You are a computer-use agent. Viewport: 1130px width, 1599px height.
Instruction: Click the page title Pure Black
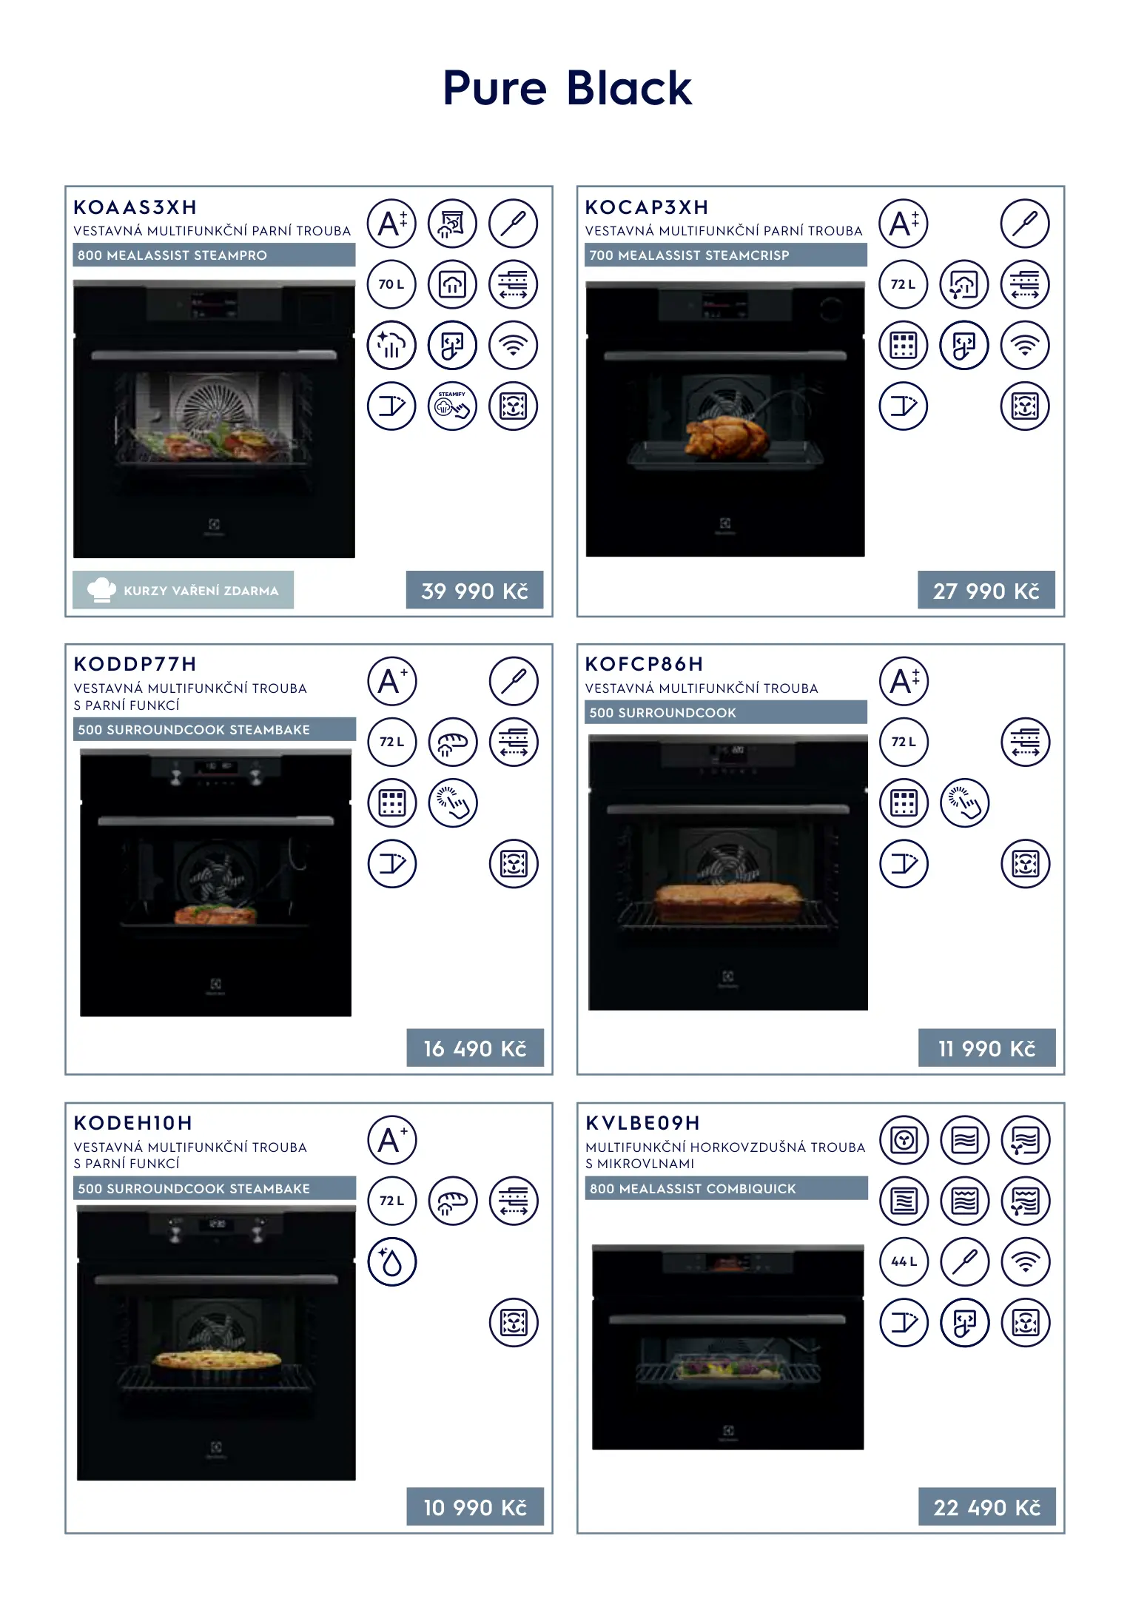pyautogui.click(x=567, y=89)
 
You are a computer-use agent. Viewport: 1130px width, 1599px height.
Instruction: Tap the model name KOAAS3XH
pyautogui.click(x=135, y=207)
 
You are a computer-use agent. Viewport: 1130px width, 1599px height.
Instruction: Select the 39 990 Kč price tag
pyautogui.click(x=474, y=590)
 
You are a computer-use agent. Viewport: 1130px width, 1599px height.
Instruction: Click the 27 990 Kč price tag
pyautogui.click(x=986, y=590)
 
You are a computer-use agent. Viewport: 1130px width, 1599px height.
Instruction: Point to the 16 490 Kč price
pyautogui.click(x=474, y=1047)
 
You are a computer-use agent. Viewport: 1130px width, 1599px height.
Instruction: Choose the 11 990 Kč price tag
pyautogui.click(x=986, y=1047)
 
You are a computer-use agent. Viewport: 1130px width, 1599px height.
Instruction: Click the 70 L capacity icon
pyautogui.click(x=391, y=284)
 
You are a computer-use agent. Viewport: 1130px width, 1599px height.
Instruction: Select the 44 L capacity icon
pyautogui.click(x=904, y=1261)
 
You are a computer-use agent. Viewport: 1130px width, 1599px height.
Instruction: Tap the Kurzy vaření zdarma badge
pyautogui.click(x=184, y=590)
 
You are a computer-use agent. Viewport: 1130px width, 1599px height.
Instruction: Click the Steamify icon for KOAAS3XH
pyautogui.click(x=452, y=406)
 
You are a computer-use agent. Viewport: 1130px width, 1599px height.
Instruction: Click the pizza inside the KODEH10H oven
pyautogui.click(x=216, y=1359)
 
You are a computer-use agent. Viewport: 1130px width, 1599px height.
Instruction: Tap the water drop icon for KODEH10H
pyautogui.click(x=392, y=1261)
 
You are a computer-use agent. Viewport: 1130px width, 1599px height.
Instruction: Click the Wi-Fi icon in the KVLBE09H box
pyautogui.click(x=1025, y=1261)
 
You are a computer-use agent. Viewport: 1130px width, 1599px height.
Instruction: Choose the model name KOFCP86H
pyautogui.click(x=645, y=664)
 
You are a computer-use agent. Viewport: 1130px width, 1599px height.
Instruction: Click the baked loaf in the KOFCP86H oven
pyautogui.click(x=727, y=902)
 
